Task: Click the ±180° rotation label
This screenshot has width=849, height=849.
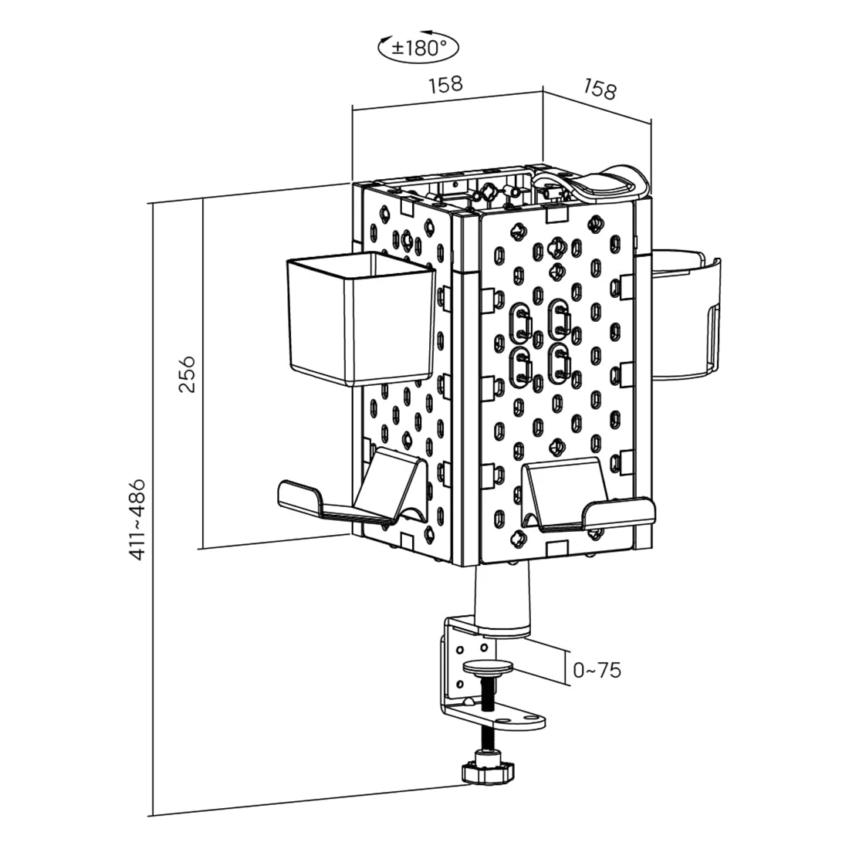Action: coord(418,47)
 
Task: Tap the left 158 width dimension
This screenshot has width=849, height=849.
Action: coord(445,83)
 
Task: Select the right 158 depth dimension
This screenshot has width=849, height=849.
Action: coord(600,90)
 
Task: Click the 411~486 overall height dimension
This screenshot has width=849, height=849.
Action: coord(137,518)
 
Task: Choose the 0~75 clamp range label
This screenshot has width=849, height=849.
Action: coord(597,670)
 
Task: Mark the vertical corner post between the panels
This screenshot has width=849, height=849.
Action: coord(468,386)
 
